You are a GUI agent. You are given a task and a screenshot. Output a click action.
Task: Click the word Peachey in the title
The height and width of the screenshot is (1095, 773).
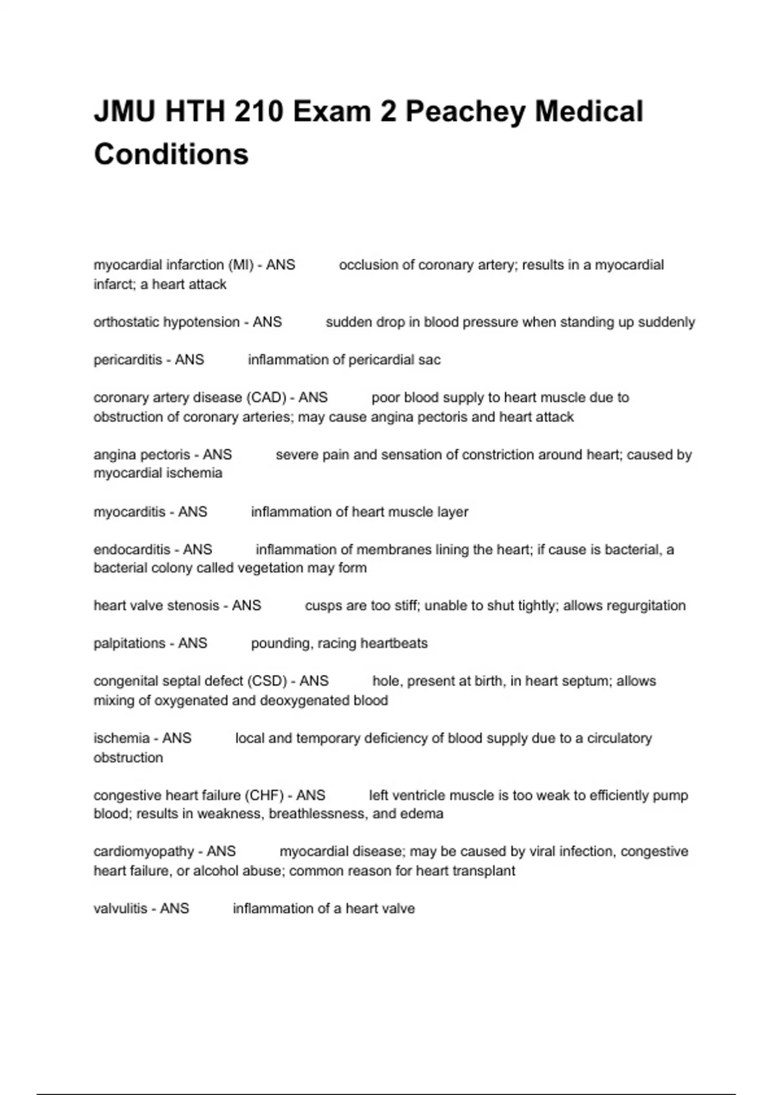[x=465, y=112]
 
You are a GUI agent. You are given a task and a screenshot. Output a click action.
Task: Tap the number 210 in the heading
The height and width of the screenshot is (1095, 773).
[x=257, y=112]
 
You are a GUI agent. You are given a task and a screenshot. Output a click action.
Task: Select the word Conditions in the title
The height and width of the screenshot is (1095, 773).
[x=171, y=155]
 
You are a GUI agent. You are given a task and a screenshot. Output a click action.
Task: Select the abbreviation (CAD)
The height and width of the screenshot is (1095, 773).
[x=266, y=397]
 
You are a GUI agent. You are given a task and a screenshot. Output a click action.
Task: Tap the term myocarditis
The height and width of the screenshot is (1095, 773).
[x=129, y=512]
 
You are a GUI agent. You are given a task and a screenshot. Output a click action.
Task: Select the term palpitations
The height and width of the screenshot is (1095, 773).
[x=129, y=643]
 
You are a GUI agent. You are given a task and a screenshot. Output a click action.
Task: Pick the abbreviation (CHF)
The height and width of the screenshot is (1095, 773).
[x=266, y=795]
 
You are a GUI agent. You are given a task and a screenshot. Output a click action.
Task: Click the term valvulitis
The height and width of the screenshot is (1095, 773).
[x=120, y=909]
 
